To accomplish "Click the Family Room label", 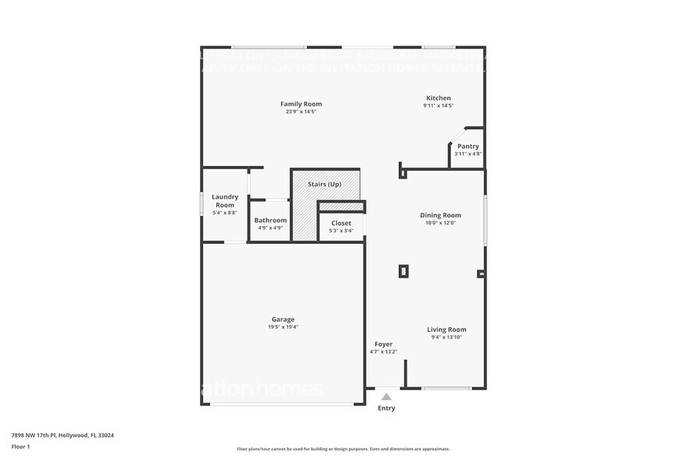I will [x=301, y=104].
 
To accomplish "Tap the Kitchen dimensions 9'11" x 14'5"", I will [x=438, y=105].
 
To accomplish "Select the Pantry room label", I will [x=468, y=146].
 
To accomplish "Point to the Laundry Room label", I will [x=224, y=201].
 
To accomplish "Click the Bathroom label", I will [x=270, y=220].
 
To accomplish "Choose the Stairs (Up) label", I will [x=324, y=184].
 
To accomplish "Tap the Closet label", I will [x=341, y=223].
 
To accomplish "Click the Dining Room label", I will [x=440, y=215].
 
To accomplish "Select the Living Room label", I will [x=446, y=329].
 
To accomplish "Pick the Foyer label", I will [x=383, y=343].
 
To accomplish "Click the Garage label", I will [x=283, y=319].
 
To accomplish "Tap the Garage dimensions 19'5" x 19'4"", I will [x=283, y=327].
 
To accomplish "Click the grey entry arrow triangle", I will [x=386, y=396].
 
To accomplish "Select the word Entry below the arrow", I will [x=386, y=408].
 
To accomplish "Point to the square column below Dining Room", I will [x=403, y=271].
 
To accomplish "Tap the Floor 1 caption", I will [x=20, y=446].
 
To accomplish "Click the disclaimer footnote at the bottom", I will [x=343, y=449].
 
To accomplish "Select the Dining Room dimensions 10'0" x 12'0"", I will [x=440, y=223].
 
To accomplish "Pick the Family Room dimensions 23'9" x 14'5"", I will [x=301, y=111].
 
